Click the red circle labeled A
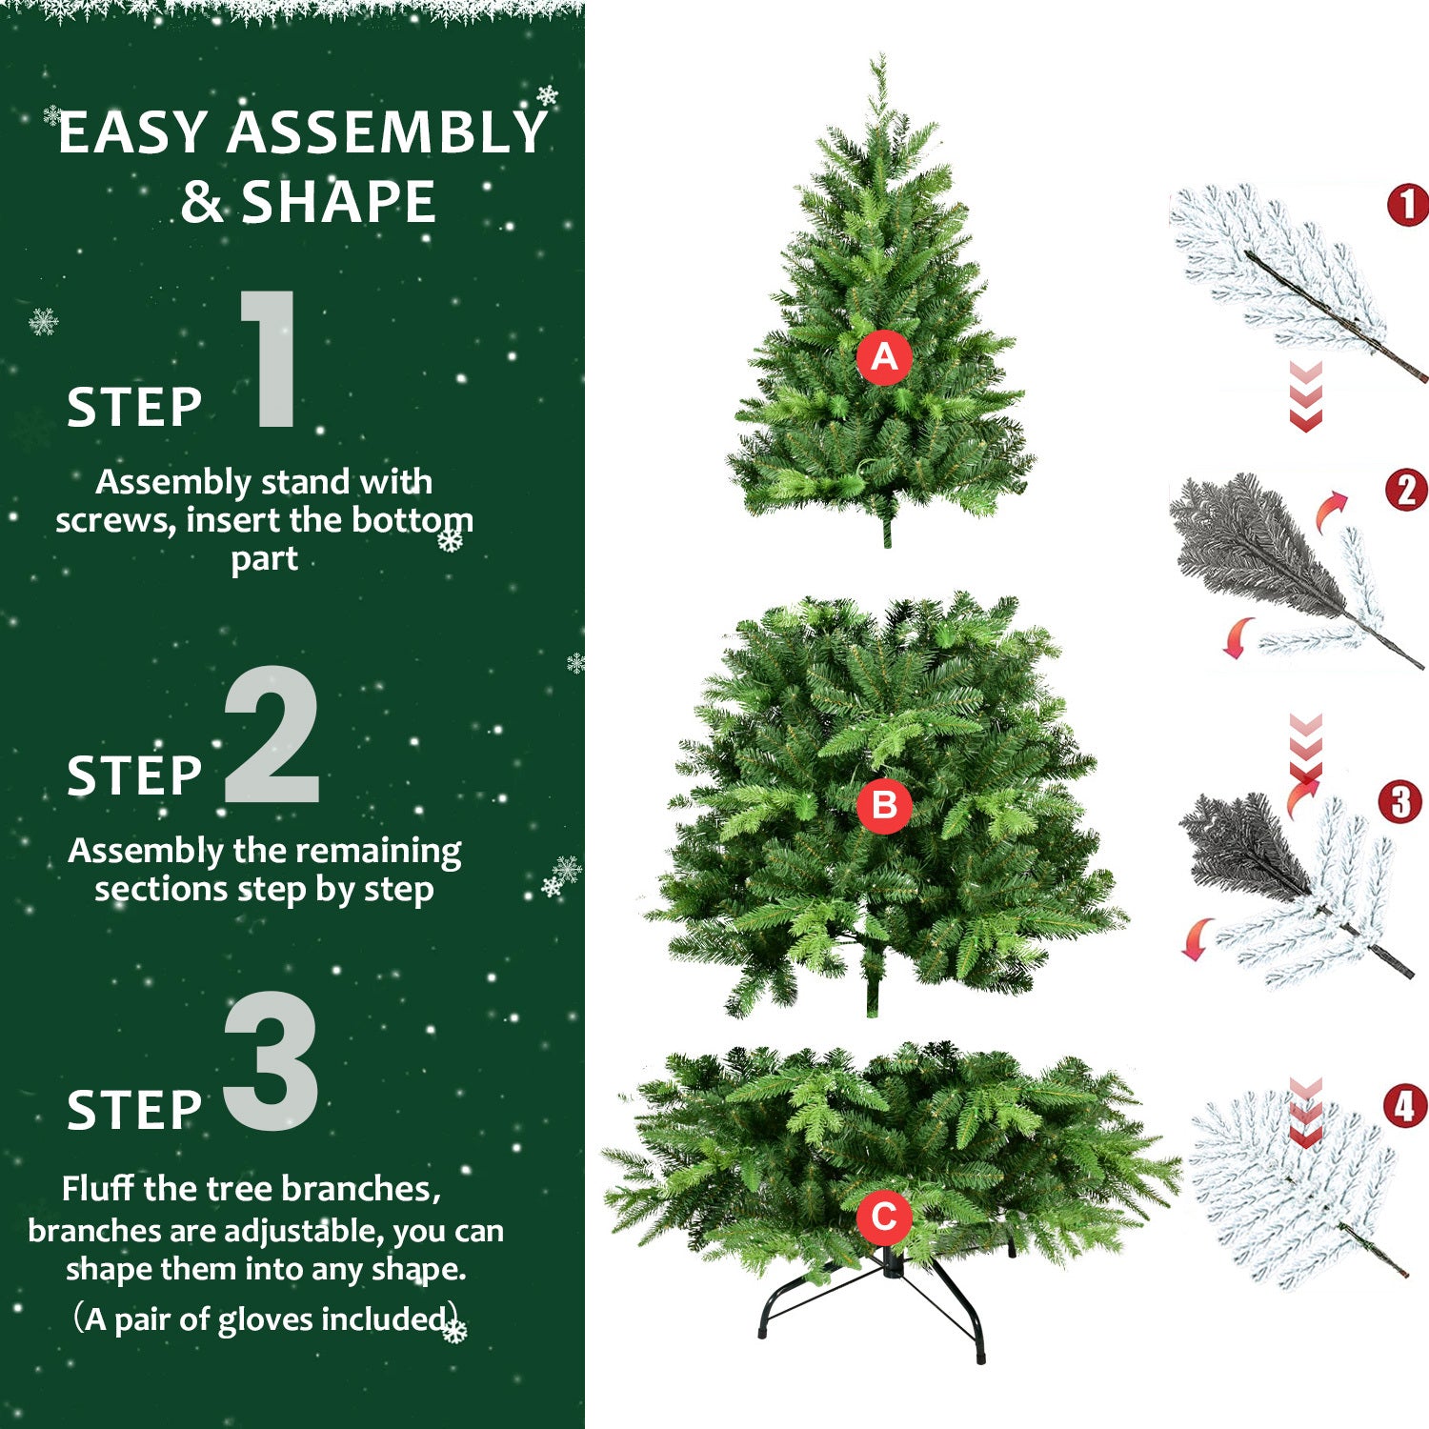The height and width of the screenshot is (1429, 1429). (884, 357)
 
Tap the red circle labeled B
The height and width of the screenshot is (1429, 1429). (884, 806)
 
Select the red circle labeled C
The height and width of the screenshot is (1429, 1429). (884, 1217)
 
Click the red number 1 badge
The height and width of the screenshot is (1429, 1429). (1408, 205)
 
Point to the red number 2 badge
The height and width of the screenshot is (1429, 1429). (1406, 491)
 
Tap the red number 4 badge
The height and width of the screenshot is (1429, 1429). (1405, 1107)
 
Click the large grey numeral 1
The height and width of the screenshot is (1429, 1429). (271, 360)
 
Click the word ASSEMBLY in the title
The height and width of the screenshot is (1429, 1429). (386, 132)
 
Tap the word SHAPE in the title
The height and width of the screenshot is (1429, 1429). (338, 202)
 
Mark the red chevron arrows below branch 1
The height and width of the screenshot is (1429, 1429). (1305, 396)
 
